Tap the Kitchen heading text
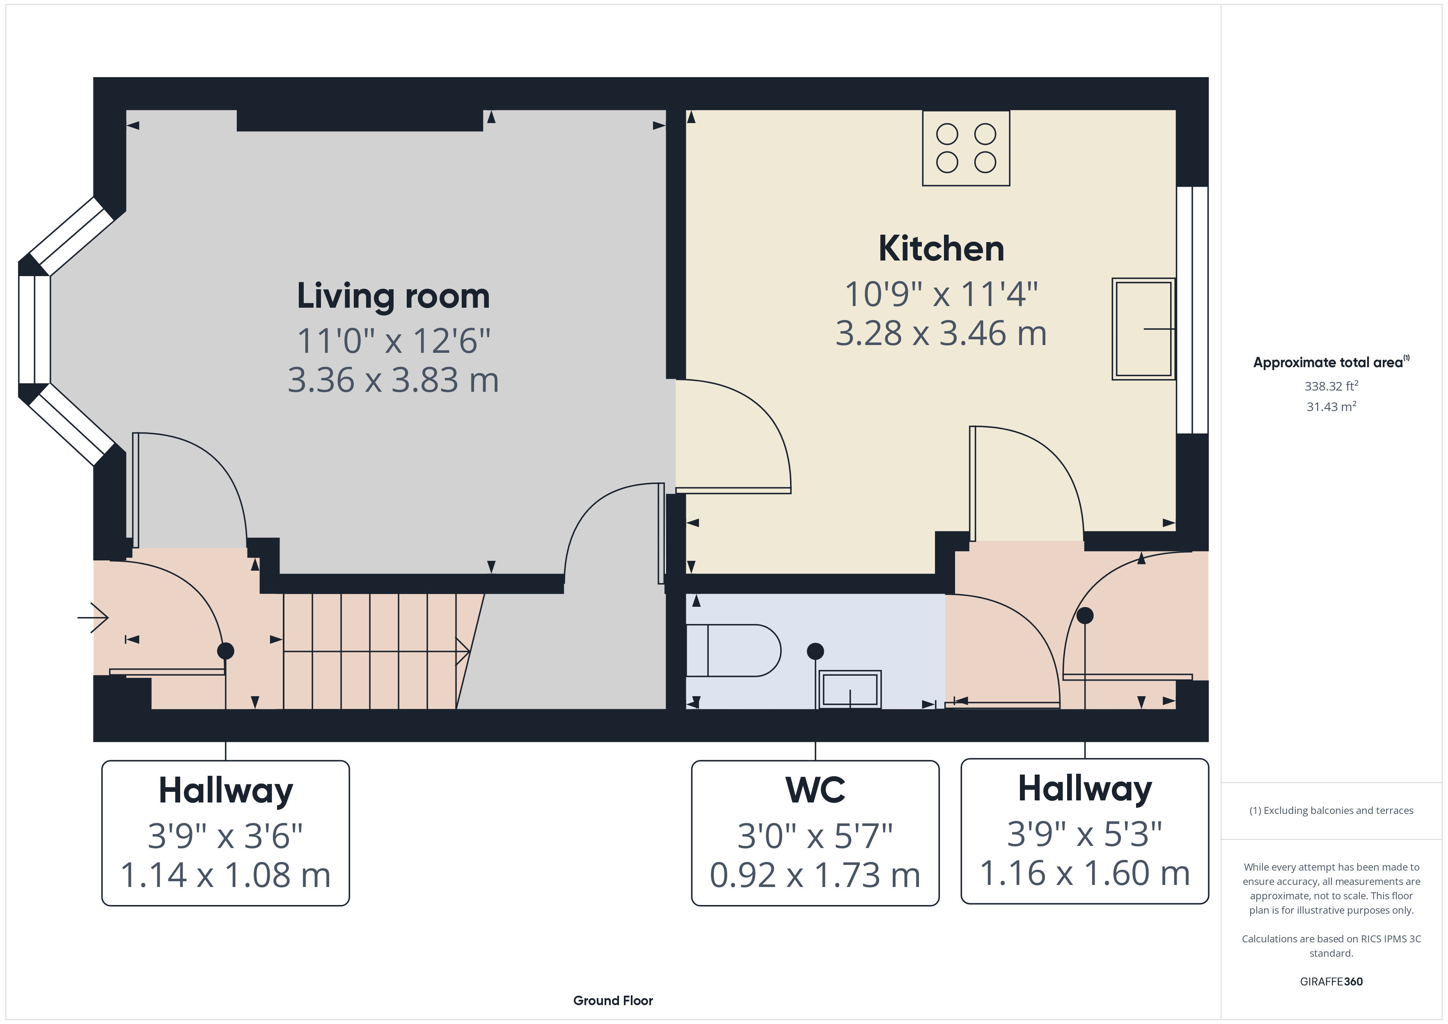pos(941,249)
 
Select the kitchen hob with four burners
pos(966,148)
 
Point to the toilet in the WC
pos(733,650)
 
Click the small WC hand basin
pos(850,689)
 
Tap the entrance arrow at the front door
pos(93,617)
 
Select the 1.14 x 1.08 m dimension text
pos(226,875)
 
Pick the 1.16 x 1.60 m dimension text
pos(1085,873)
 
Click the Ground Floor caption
pos(613,1001)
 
